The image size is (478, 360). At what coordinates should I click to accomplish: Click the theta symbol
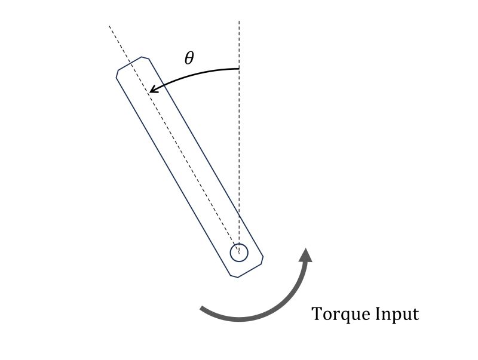click(x=189, y=58)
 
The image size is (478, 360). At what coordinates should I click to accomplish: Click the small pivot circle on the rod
click(x=239, y=253)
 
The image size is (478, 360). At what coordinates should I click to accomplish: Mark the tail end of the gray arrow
click(x=202, y=308)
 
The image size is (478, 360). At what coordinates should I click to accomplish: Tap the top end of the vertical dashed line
click(x=239, y=22)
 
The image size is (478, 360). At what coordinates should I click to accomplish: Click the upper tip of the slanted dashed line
click(x=109, y=26)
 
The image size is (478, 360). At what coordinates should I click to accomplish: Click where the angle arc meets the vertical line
click(x=239, y=69)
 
